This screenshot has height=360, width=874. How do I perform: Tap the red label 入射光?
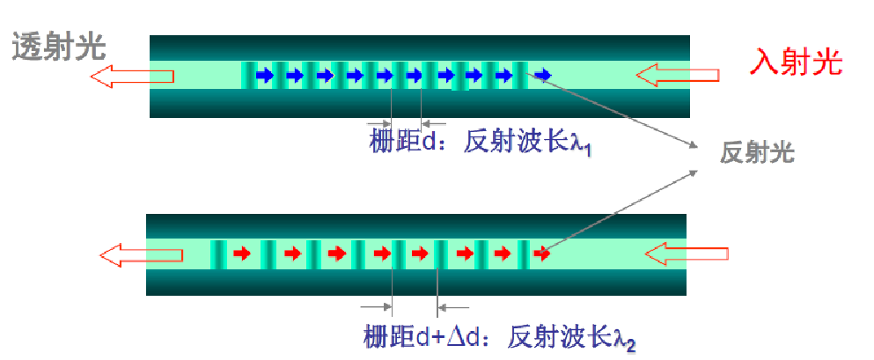pos(797,62)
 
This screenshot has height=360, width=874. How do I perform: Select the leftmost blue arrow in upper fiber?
pos(264,77)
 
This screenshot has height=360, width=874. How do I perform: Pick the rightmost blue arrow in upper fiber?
pos(543,76)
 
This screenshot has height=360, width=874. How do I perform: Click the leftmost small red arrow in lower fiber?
pos(239,254)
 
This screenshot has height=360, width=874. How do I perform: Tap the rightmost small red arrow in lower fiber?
pos(542,254)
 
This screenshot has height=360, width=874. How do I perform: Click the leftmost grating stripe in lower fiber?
pos(217,254)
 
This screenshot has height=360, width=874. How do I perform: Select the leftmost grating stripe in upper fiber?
pos(248,76)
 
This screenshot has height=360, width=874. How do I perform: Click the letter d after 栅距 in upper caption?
pos(429,143)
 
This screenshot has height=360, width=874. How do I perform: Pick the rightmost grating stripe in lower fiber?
pos(525,254)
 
